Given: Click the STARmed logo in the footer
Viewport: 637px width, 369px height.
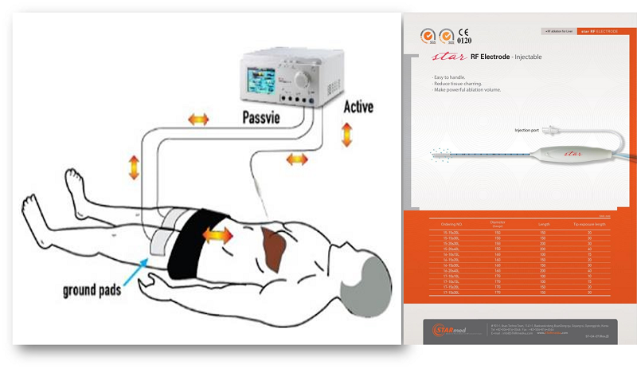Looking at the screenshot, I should coord(453,329).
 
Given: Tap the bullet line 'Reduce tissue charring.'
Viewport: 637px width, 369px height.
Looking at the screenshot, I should coord(459,84).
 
